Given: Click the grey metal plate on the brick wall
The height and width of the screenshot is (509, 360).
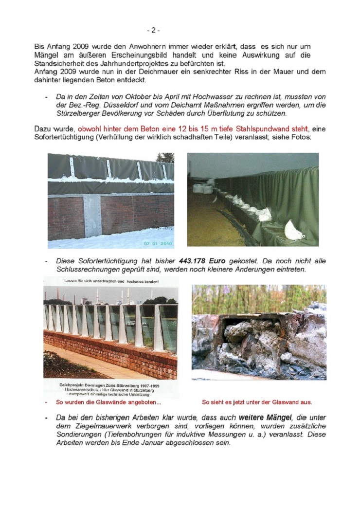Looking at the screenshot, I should (x=92, y=215).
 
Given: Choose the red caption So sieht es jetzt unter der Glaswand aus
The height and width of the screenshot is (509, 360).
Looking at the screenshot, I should (x=257, y=402).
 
